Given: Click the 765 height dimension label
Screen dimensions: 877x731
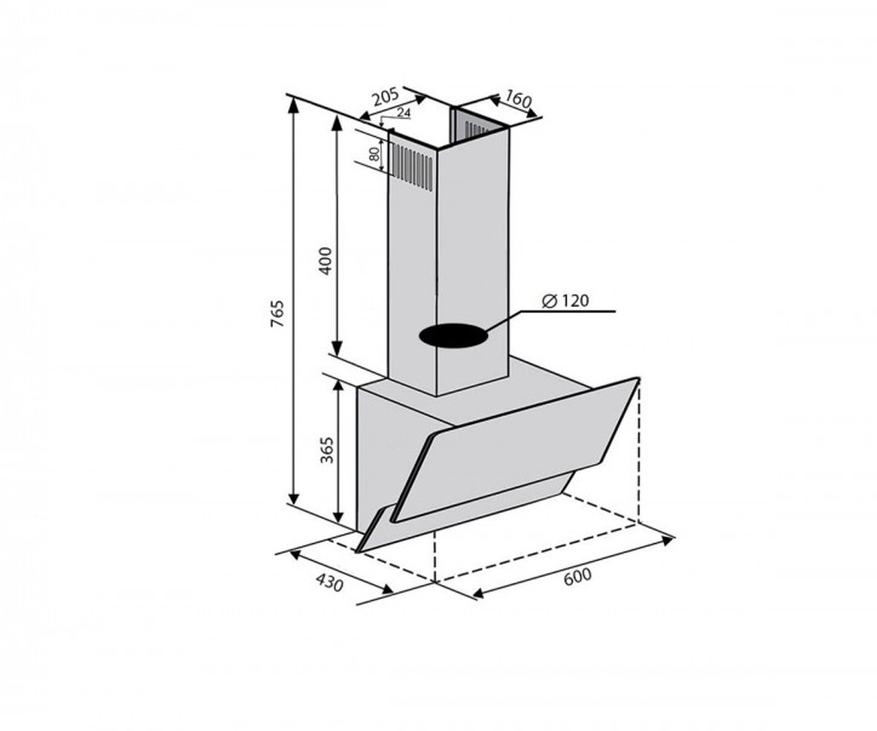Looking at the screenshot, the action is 278,314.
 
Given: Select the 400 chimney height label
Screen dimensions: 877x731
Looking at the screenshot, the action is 325,261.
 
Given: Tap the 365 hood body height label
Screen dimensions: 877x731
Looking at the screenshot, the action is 327,450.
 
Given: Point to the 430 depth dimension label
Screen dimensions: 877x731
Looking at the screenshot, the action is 330,583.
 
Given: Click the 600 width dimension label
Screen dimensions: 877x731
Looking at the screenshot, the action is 577,577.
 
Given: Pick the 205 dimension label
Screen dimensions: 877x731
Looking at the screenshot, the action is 386,97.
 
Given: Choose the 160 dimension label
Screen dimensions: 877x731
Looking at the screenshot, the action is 518,99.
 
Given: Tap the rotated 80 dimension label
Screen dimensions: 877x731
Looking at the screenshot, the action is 373,154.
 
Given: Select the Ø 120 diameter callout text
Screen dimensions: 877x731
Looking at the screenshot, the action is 566,300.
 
